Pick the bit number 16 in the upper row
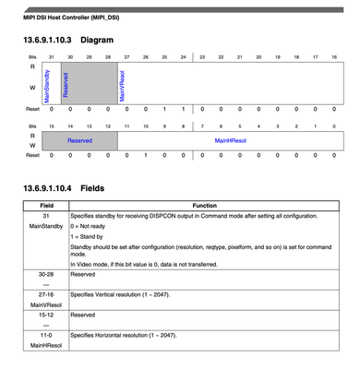click(333, 58)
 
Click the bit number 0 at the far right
click(333, 124)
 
